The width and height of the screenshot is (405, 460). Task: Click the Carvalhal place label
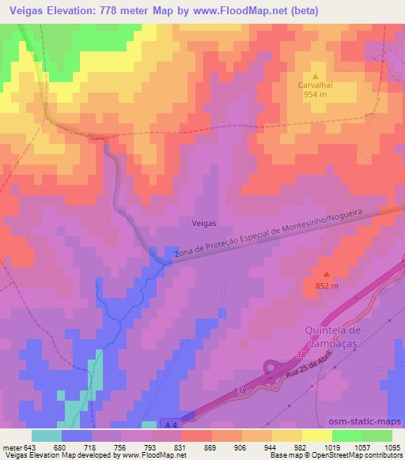[x=320, y=81]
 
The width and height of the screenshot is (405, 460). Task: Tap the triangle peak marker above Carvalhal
[x=320, y=70]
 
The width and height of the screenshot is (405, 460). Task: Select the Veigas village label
[x=204, y=224]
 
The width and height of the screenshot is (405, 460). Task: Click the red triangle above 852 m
[x=325, y=273]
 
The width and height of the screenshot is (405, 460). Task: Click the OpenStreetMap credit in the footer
[x=376, y=455]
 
